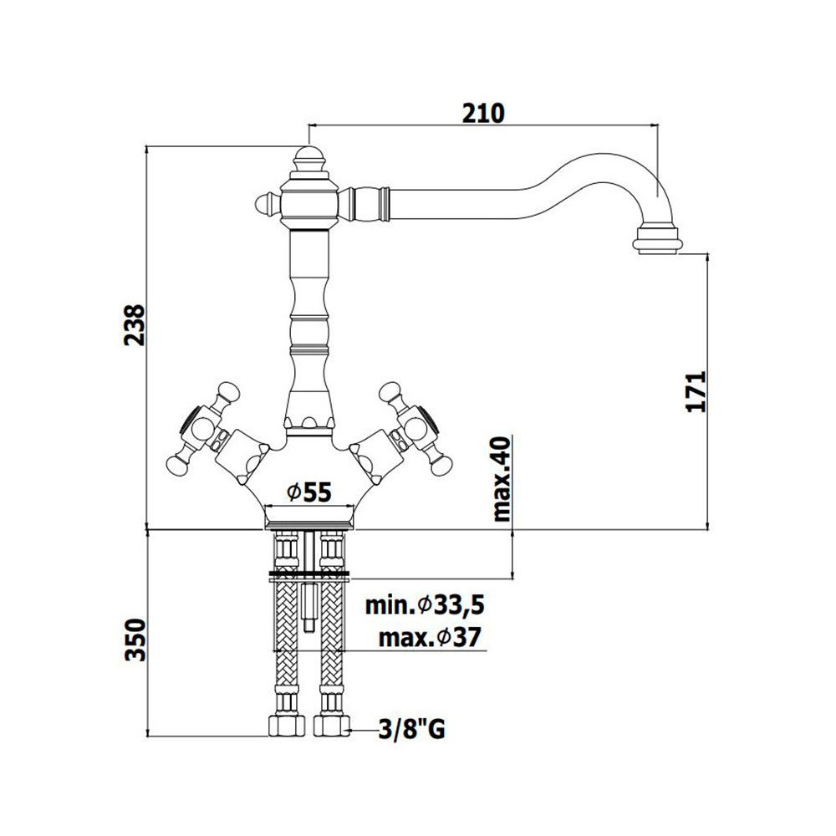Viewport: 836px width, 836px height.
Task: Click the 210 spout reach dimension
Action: pyautogui.click(x=483, y=114)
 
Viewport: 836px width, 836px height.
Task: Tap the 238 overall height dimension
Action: pyautogui.click(x=135, y=325)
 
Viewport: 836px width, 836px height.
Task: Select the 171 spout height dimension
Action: pyautogui.click(x=696, y=391)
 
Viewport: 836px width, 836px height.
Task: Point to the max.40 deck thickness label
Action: pyautogui.click(x=502, y=478)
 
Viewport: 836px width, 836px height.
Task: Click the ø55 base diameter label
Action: pyautogui.click(x=309, y=492)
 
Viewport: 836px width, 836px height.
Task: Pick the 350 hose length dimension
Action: pyautogui.click(x=135, y=640)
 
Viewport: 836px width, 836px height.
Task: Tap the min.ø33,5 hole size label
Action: pyautogui.click(x=425, y=605)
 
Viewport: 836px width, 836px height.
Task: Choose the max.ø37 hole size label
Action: pyautogui.click(x=430, y=637)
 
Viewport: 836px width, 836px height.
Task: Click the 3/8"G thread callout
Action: pyautogui.click(x=411, y=729)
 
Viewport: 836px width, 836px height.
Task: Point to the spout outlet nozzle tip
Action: pyautogui.click(x=657, y=242)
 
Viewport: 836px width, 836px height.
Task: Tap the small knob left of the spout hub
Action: pyautogui.click(x=267, y=204)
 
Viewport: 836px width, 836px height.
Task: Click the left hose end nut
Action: pyautogui.click(x=286, y=725)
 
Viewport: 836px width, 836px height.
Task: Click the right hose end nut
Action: pyautogui.click(x=332, y=725)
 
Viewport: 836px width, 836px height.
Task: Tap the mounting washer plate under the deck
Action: pyautogui.click(x=309, y=575)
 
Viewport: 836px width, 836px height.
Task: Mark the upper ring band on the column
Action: pyautogui.click(x=309, y=320)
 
